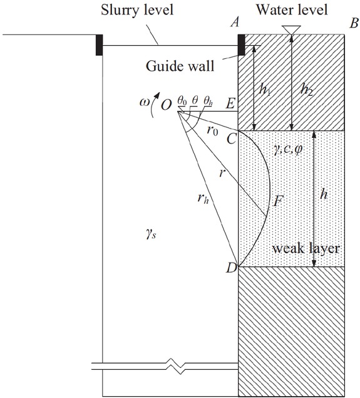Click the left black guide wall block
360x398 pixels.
[x=99, y=46]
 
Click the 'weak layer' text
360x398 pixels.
[x=306, y=249]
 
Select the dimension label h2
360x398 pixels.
[x=305, y=89]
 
